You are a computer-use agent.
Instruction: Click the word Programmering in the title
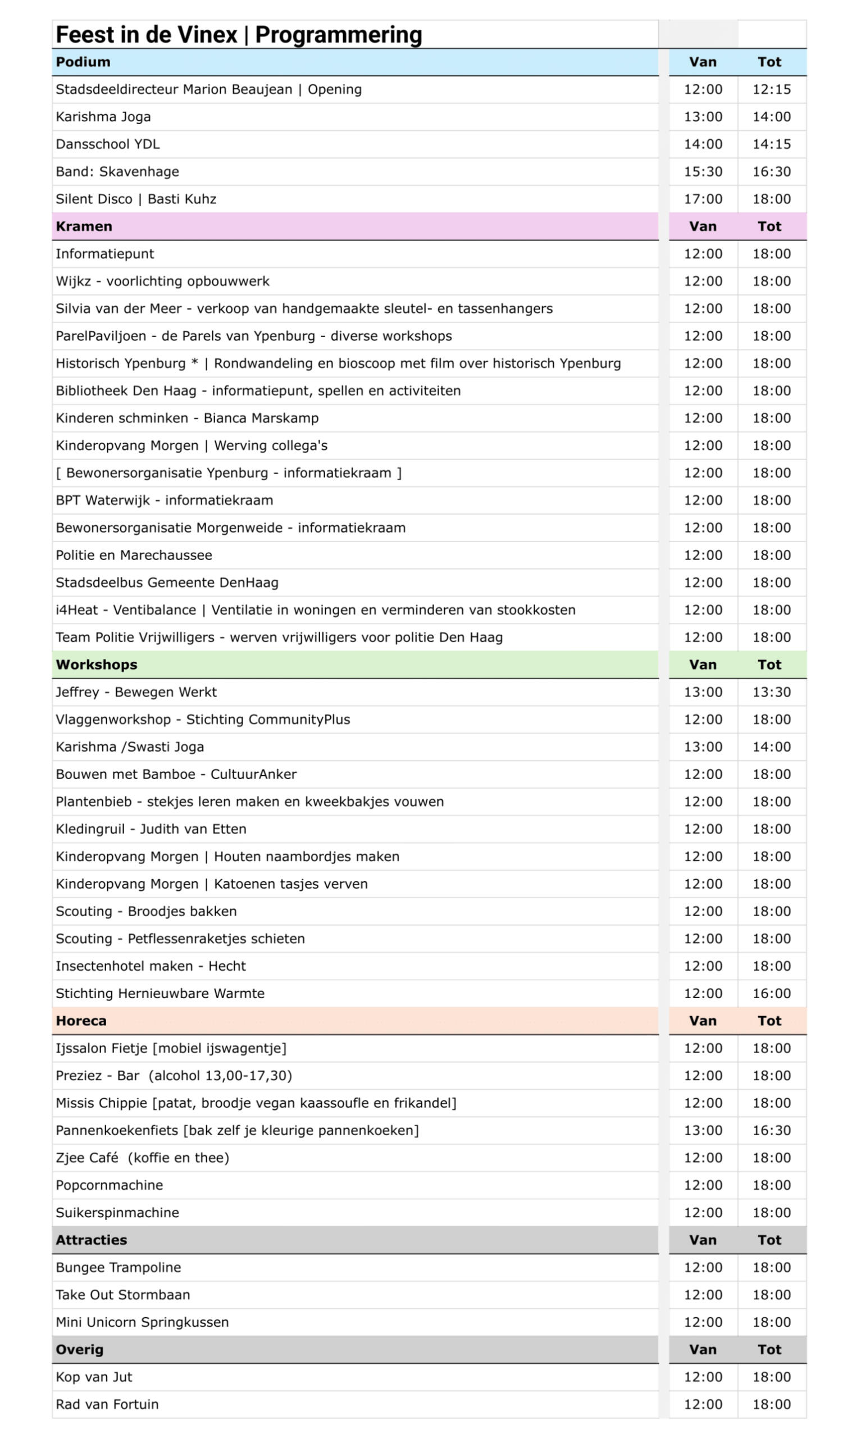[338, 35]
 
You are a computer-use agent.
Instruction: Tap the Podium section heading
[83, 62]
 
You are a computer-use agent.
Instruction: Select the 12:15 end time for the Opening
[771, 89]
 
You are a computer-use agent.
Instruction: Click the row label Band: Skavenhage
[117, 172]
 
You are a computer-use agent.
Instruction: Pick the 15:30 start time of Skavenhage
[703, 172]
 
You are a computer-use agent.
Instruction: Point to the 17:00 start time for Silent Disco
[703, 199]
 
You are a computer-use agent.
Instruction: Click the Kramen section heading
[84, 226]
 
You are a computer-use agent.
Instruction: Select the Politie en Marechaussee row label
[134, 555]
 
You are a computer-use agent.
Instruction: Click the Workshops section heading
[96, 665]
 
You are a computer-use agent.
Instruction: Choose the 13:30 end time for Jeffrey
[771, 692]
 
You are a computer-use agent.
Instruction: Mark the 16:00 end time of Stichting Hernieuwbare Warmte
[771, 994]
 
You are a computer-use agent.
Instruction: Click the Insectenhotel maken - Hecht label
[151, 966]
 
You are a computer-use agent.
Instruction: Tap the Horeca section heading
[81, 1021]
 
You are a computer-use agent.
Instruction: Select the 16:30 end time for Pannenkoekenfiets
[771, 1131]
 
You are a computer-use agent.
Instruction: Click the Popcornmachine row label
[109, 1185]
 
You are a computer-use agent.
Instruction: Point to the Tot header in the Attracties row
[769, 1240]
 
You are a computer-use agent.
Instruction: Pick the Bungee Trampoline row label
[119, 1267]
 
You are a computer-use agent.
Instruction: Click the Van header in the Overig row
[703, 1350]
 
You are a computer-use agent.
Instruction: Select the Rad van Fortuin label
[107, 1404]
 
